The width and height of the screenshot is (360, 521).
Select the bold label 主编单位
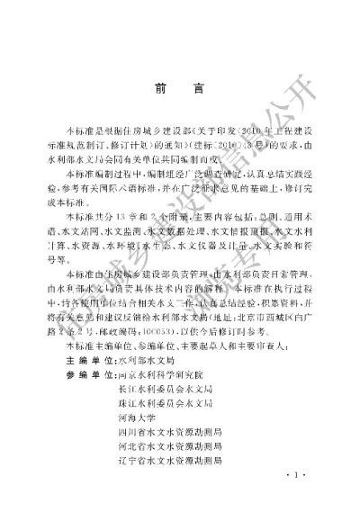click(85, 356)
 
